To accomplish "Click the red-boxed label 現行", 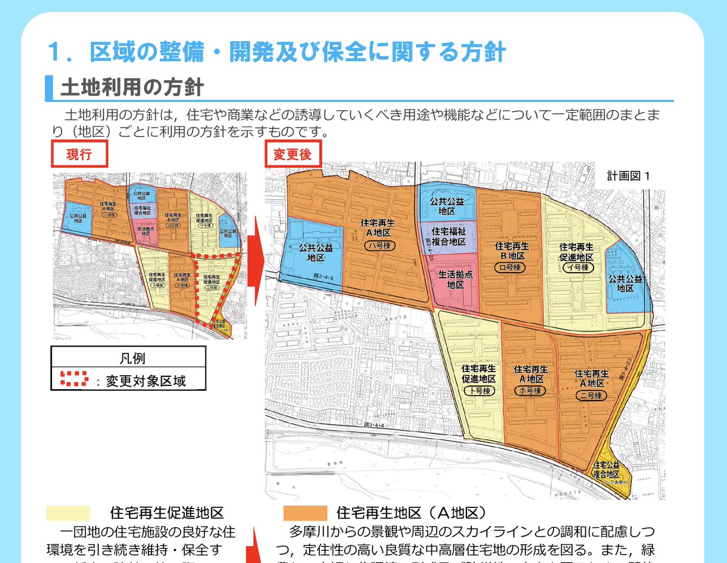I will [79, 154].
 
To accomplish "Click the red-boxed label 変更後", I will [293, 154].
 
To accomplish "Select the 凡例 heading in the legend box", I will [128, 359].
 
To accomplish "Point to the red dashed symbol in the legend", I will [74, 379].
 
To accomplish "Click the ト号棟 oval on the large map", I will [479, 391].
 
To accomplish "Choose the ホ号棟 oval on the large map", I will [530, 391].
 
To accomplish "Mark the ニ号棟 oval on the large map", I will [589, 395].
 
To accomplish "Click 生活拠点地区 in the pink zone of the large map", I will [455, 279].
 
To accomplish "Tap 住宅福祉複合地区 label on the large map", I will [448, 236].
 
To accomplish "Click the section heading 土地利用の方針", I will [131, 88].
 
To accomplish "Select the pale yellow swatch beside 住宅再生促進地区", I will [68, 513].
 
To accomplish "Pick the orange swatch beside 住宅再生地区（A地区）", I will [305, 513].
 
